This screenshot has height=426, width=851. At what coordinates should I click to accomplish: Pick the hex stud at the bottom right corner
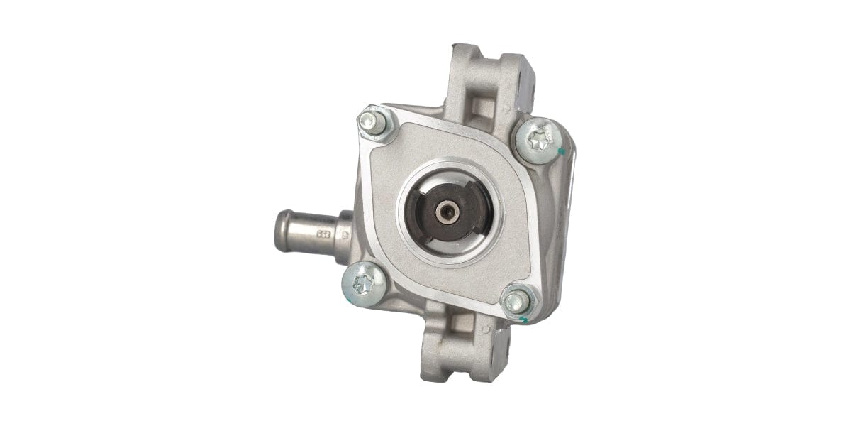pos(517,301)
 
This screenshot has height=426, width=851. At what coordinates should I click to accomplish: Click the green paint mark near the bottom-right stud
pos(523,320)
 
